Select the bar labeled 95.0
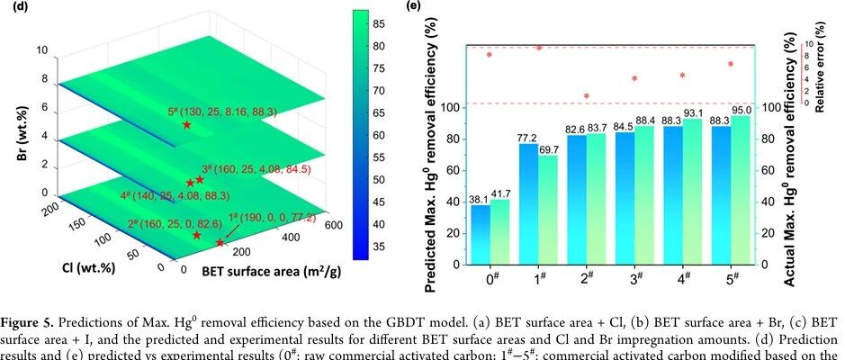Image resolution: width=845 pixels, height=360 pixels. (x=742, y=190)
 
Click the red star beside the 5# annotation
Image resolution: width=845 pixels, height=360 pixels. (x=186, y=124)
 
